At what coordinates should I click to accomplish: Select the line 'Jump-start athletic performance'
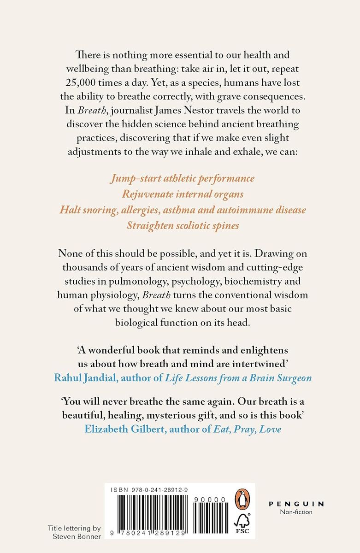click(183, 178)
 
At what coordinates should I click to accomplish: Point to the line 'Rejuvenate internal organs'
click(183, 194)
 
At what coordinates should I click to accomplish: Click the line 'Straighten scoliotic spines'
click(183, 226)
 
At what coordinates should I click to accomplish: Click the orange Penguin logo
click(242, 499)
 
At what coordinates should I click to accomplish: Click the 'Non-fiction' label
click(296, 512)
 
